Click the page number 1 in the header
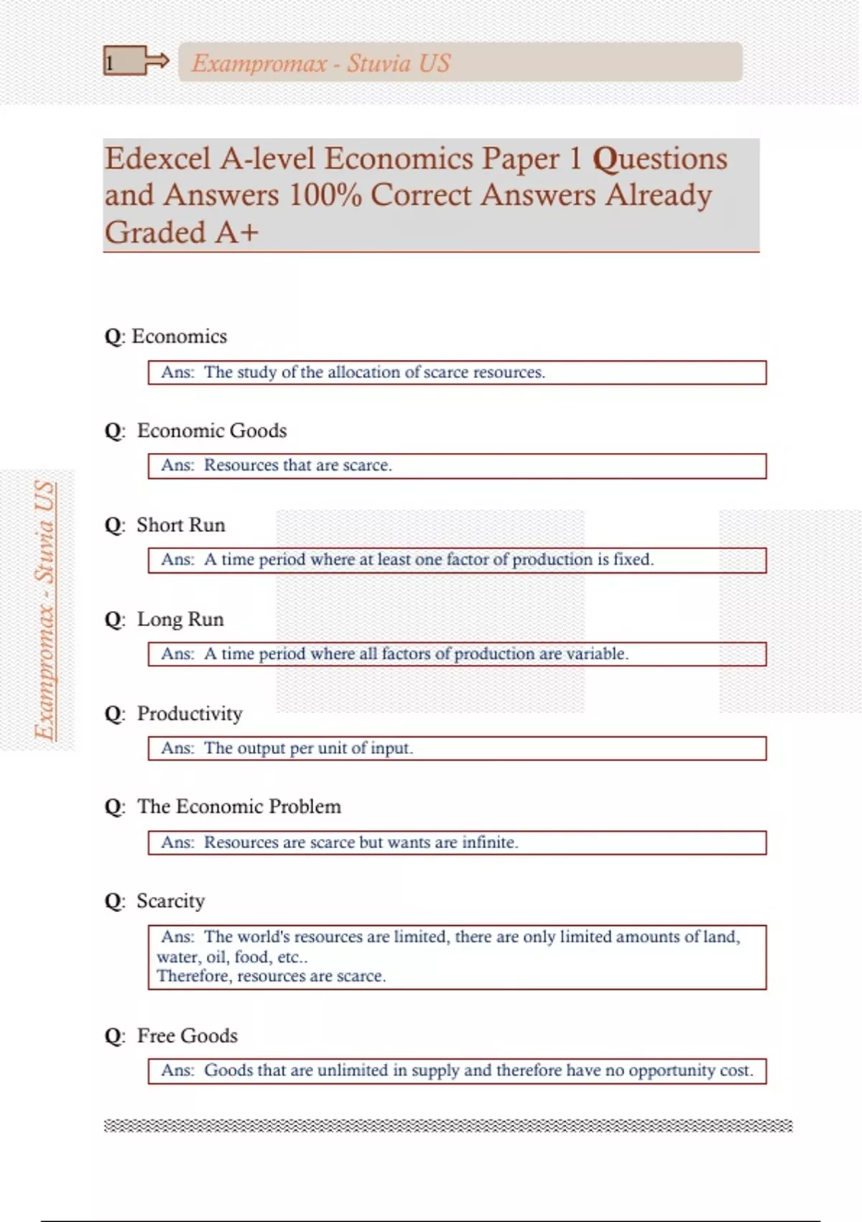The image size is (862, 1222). (110, 63)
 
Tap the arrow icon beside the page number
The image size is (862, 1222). (155, 61)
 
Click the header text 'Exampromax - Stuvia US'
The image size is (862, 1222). (320, 63)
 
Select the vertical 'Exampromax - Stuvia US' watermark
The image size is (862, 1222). (45, 611)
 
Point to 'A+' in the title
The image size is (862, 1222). (234, 233)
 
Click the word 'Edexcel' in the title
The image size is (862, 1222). (158, 159)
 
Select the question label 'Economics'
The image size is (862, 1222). (179, 336)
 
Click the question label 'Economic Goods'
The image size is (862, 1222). (212, 431)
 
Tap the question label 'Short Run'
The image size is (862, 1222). (181, 525)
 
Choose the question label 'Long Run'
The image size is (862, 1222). (180, 620)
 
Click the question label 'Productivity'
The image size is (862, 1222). (190, 714)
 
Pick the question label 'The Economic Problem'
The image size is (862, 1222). (239, 807)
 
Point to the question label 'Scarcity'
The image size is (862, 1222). (171, 901)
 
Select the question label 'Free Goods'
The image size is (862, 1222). (187, 1036)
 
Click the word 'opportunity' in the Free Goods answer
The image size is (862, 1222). (672, 1071)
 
